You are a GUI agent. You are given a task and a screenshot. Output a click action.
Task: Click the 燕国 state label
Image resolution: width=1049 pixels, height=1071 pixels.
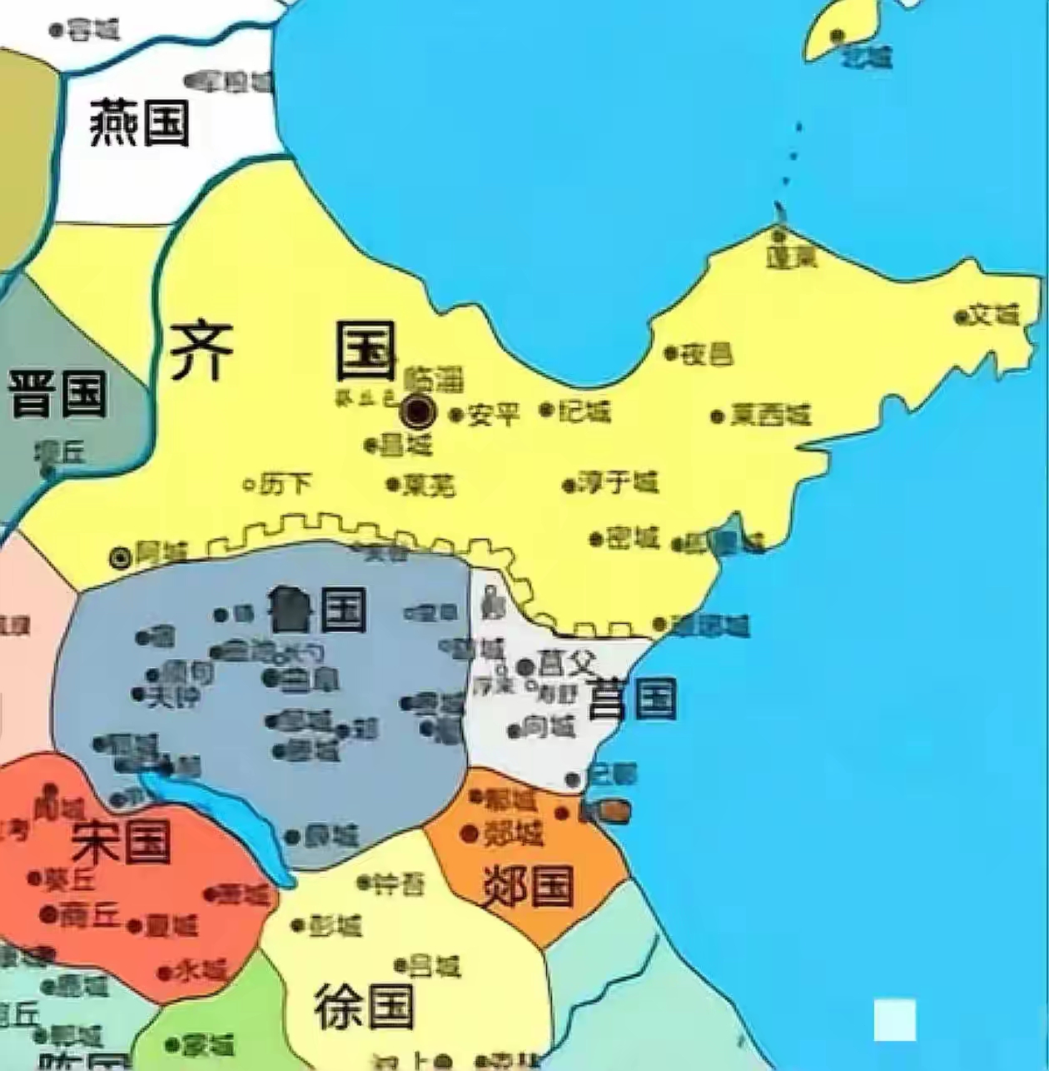140,122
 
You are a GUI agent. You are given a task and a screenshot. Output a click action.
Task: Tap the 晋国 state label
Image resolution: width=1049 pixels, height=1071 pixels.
58,393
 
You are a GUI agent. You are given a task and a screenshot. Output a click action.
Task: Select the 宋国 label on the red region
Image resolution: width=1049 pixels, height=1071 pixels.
122,840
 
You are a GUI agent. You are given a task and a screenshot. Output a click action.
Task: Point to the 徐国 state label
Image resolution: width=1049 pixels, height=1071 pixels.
365,1007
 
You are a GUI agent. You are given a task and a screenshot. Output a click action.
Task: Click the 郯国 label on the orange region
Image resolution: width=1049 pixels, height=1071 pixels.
529,884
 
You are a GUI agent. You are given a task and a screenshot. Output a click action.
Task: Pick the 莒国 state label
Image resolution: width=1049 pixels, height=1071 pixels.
632,699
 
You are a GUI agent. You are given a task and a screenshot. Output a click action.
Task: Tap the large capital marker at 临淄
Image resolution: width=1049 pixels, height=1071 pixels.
418,411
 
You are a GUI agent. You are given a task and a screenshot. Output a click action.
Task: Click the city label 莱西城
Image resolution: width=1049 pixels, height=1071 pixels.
770,415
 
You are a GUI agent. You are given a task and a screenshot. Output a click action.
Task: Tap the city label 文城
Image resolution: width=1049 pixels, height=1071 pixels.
996,316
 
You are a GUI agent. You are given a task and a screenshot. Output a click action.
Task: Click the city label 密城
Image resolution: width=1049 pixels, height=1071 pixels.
634,538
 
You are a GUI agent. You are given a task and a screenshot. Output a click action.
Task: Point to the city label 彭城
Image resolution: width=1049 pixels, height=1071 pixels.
336,925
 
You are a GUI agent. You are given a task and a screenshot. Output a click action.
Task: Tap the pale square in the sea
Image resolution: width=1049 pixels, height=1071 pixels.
895,1020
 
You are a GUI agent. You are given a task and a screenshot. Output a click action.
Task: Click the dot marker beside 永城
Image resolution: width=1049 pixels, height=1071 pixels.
164,972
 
